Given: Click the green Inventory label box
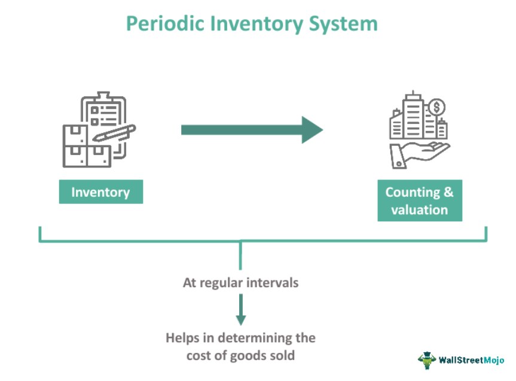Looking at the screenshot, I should (100, 193).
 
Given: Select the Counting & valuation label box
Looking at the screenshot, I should (419, 201).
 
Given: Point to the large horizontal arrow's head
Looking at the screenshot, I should (312, 130).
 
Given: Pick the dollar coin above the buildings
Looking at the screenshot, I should (437, 108).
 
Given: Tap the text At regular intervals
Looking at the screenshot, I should (240, 282).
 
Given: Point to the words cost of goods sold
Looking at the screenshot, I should (240, 355).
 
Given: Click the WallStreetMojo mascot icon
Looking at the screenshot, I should (427, 359).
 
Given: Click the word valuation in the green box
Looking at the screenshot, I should (419, 210).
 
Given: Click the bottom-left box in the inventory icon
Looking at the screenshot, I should (75, 155).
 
